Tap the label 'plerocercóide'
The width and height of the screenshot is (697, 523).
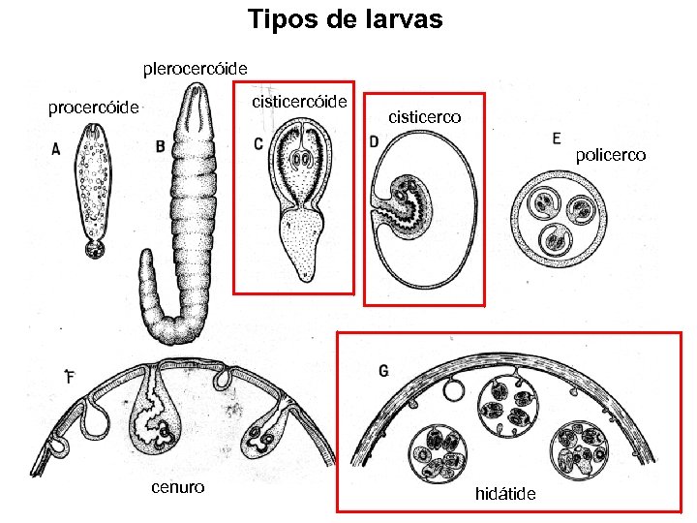coord(195,69)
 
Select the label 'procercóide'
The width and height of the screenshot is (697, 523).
coord(94,108)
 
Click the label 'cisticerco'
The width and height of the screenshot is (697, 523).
coord(424,117)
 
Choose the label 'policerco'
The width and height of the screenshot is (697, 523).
coord(611,155)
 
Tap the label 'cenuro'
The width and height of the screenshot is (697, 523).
coord(177,486)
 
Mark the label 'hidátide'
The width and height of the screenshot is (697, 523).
coord(505,494)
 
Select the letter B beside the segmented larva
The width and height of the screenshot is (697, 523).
coord(159,146)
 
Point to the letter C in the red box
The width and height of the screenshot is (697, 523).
coord(258,143)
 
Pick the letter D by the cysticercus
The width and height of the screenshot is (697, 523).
coord(374,141)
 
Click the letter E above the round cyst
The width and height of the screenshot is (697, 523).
coord(556,138)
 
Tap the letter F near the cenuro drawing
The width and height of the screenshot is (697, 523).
coord(69,375)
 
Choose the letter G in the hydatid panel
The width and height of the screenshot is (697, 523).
coord(384,370)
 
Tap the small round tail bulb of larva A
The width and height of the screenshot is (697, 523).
coord(95,250)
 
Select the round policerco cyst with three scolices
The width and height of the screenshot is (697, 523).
coord(559,219)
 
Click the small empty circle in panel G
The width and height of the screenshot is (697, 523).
coord(453,390)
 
